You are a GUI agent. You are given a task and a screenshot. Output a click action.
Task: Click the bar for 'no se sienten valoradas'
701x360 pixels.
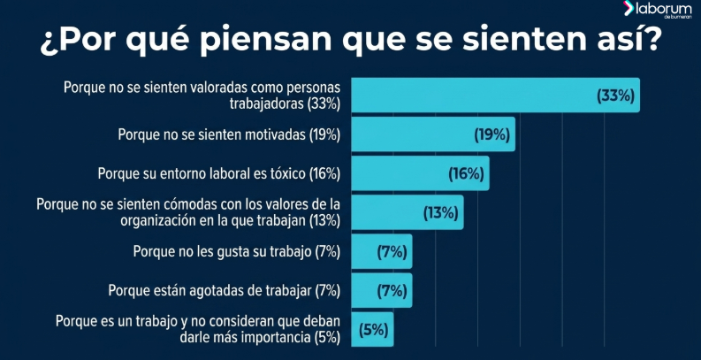[x=495, y=95]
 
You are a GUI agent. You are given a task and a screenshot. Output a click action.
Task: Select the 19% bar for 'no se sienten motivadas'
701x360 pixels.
[x=433, y=134]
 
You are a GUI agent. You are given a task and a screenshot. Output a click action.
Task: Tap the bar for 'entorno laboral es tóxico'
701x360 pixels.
[x=420, y=173]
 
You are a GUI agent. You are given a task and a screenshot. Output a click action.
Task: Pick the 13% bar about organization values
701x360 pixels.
[x=408, y=212]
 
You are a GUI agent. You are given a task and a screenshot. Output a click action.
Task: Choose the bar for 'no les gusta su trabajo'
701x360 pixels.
[x=382, y=251]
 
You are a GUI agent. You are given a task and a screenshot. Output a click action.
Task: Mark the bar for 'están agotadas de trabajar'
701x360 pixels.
[x=382, y=291]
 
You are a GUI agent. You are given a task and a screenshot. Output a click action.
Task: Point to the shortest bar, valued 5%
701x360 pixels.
[x=372, y=330]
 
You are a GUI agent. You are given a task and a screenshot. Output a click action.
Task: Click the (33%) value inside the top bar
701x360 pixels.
[x=615, y=96]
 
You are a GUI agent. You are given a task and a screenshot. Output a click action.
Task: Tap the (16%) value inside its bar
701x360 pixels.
[x=466, y=174]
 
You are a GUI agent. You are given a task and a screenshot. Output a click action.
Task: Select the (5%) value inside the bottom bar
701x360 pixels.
[x=373, y=331]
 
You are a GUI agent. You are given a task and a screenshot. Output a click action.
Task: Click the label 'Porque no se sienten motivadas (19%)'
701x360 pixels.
[x=229, y=135]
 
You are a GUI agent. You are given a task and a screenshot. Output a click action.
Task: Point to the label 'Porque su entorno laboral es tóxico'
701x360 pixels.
[x=202, y=174]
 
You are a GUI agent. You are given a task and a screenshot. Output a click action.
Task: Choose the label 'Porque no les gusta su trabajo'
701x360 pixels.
[x=222, y=252]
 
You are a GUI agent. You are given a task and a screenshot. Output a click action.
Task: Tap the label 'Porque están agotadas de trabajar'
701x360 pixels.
[x=210, y=291]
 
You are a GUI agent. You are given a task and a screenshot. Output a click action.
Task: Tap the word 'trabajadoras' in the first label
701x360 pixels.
[x=266, y=103]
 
